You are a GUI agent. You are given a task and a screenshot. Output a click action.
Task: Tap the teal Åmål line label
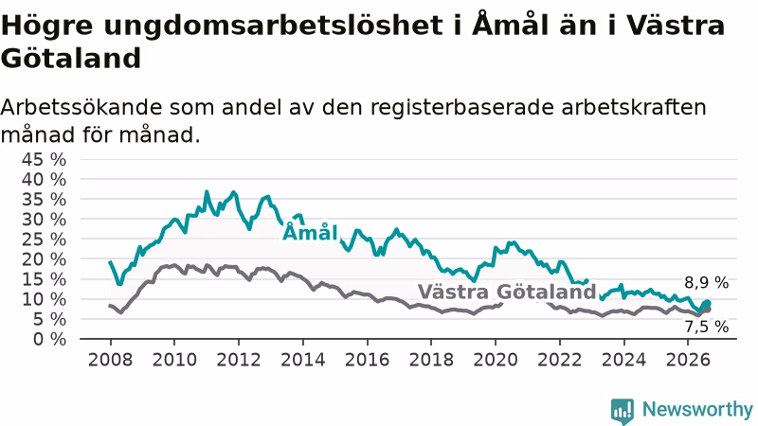click(310, 232)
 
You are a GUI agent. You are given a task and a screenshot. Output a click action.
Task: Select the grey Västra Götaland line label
click(507, 292)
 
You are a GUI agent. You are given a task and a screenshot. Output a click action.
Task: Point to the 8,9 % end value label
click(706, 282)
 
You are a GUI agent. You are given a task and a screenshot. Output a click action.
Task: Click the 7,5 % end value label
click(706, 327)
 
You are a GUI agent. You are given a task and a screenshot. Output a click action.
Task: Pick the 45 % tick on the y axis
click(44, 159)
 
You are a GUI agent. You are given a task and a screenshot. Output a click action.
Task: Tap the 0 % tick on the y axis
click(49, 339)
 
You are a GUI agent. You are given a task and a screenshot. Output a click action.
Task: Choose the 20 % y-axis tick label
click(44, 259)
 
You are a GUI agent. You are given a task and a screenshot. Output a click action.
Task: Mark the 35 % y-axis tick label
click(44, 200)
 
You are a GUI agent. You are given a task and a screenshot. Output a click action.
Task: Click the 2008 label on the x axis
click(110, 360)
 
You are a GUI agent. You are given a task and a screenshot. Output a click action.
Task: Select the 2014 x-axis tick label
click(302, 360)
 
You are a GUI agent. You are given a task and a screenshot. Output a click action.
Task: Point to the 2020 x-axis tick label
click(495, 360)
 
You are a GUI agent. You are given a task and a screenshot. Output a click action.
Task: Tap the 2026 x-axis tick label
click(688, 360)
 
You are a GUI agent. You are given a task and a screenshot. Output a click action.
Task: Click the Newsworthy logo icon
click(623, 411)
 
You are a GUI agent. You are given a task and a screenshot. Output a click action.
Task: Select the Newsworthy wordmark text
click(697, 410)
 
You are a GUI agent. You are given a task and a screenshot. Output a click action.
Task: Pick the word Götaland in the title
click(70, 59)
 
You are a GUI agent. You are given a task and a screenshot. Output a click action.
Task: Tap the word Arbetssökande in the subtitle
click(81, 107)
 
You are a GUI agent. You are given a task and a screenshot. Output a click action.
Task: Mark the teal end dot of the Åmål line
click(707, 303)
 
